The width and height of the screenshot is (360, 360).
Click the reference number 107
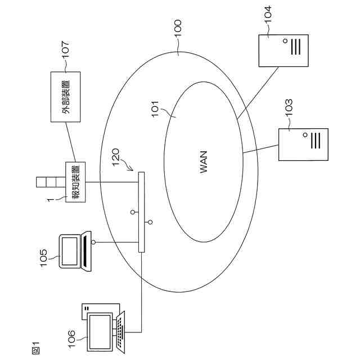pos(65,49)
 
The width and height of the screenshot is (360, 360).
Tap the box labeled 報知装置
pos(74,182)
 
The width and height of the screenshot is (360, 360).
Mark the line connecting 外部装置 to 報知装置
pos(69,142)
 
